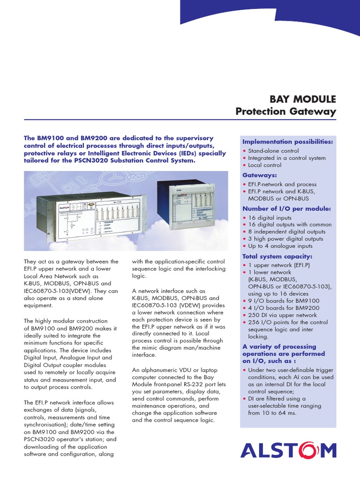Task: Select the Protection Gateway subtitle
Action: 285,112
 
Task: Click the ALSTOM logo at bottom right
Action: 288,450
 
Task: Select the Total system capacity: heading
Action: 270,256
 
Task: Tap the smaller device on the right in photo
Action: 185,205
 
